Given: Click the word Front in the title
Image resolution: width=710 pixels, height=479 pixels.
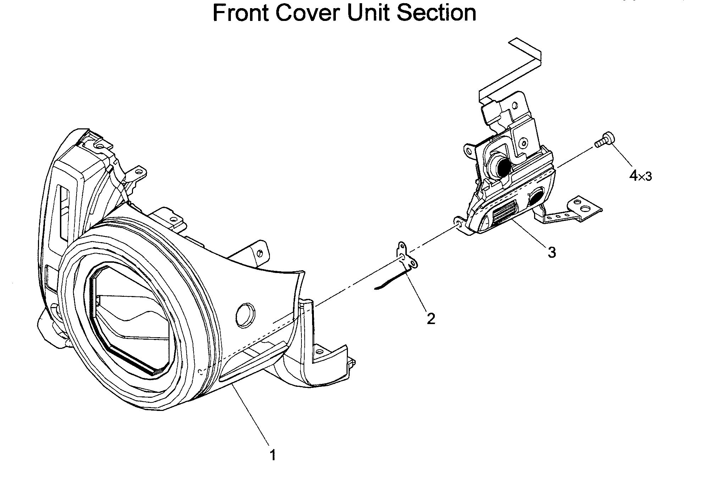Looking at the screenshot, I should (x=241, y=13).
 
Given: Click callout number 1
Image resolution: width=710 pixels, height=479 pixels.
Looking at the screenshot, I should (x=272, y=455).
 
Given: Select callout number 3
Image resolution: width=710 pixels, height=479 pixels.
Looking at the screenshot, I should (x=551, y=252).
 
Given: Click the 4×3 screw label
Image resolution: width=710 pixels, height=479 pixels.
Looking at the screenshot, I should (x=640, y=176).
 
